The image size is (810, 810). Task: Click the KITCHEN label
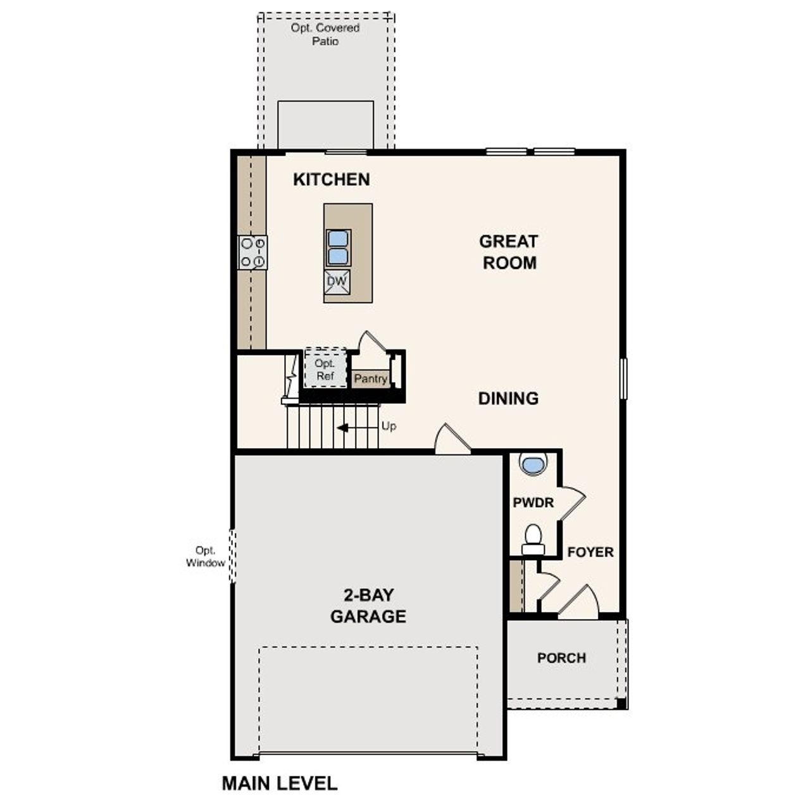tap(331, 180)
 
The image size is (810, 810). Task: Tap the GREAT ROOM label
tap(509, 252)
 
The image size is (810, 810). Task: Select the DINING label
tap(508, 399)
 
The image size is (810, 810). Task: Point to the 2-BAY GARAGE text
tap(368, 606)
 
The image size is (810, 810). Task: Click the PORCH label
tap(561, 658)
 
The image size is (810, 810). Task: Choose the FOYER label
tap(590, 552)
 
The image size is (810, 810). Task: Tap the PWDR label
tap(533, 503)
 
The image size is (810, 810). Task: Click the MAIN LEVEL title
tap(279, 783)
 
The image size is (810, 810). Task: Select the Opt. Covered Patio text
tap(325, 35)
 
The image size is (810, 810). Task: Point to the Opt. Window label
tap(206, 557)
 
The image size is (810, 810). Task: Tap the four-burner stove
tap(252, 252)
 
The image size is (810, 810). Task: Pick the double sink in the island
tap(338, 247)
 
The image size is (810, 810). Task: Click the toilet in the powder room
tap(533, 538)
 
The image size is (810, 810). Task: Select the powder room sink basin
tap(533, 464)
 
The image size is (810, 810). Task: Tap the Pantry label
tap(370, 379)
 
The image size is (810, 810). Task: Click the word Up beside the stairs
tap(389, 427)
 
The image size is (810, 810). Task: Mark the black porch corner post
tap(621, 703)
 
